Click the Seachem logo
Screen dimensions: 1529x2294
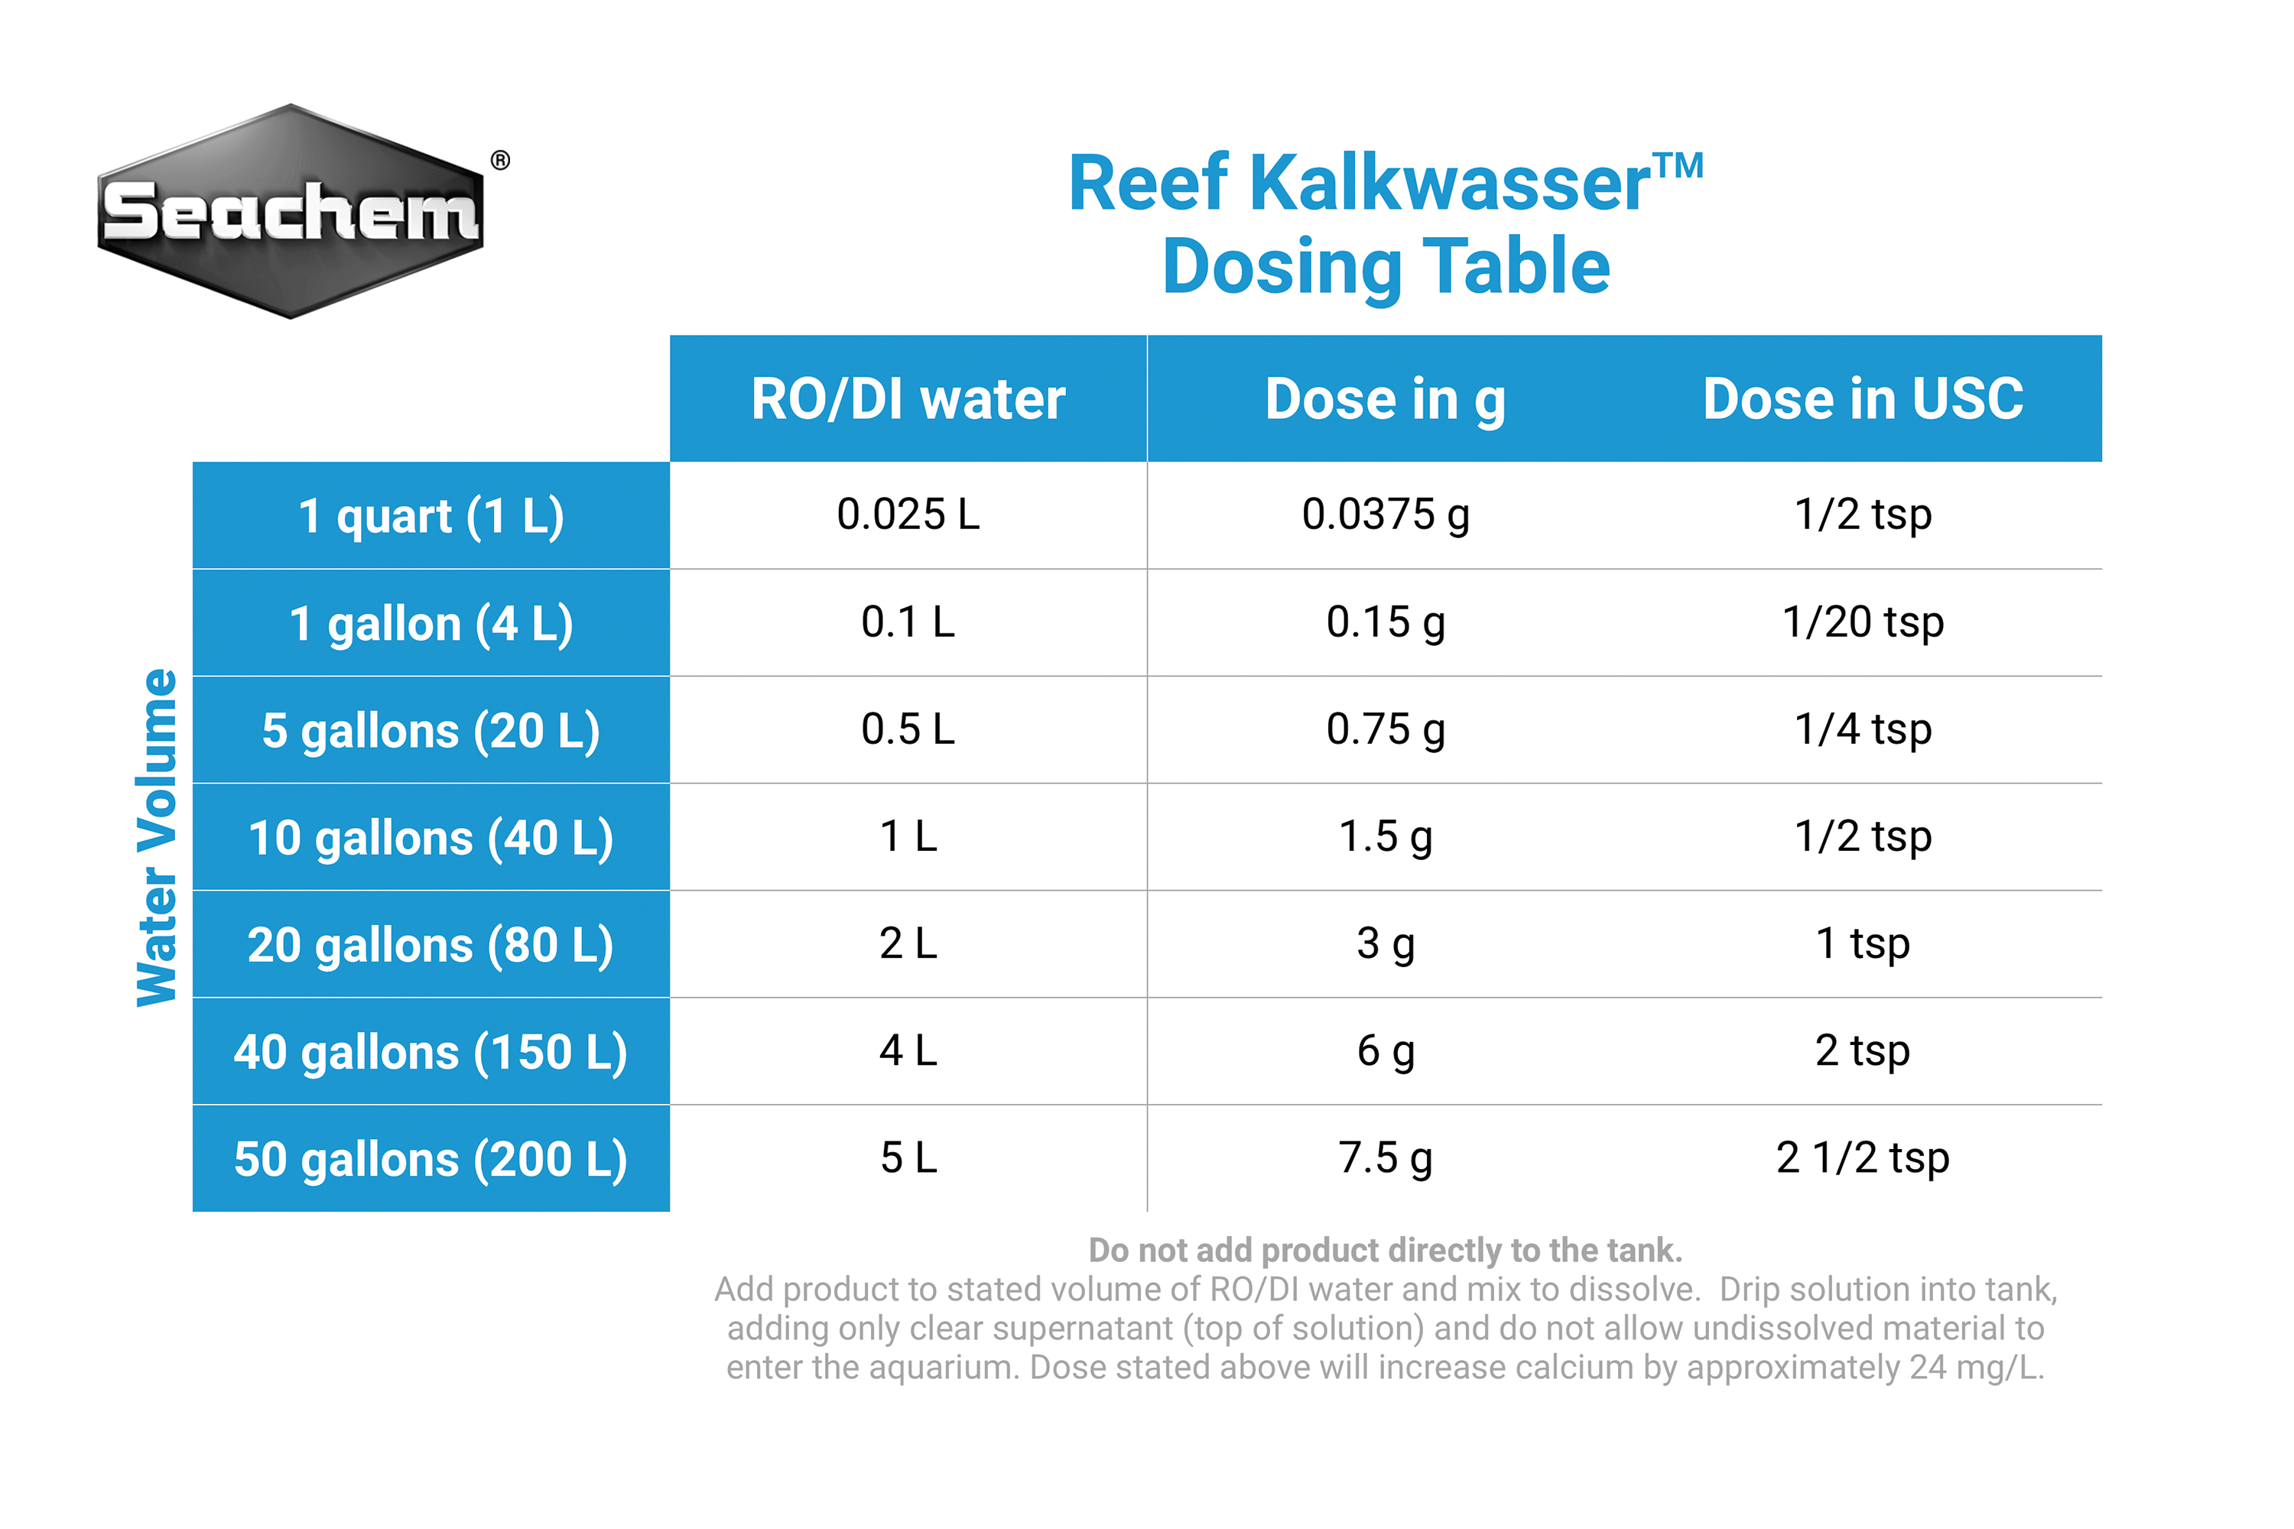click(x=291, y=212)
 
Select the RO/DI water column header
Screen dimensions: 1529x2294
click(x=908, y=399)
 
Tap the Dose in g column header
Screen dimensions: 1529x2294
click(x=1385, y=399)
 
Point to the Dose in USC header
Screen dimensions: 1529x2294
click(x=1863, y=399)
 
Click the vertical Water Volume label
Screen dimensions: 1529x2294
click(x=157, y=836)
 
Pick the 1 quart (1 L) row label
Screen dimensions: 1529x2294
click(x=431, y=516)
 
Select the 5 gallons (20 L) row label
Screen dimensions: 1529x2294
click(x=431, y=730)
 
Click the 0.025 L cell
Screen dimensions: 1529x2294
click(x=908, y=515)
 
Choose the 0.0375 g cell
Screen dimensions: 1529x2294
click(x=1385, y=515)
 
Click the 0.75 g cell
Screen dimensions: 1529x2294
click(x=1385, y=729)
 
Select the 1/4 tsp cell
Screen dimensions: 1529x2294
click(x=1863, y=729)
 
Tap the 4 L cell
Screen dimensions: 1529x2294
click(x=908, y=1051)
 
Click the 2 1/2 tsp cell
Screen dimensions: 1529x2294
click(x=1863, y=1158)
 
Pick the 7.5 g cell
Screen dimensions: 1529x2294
click(x=1385, y=1158)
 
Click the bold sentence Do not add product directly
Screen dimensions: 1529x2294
click(x=1385, y=1250)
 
